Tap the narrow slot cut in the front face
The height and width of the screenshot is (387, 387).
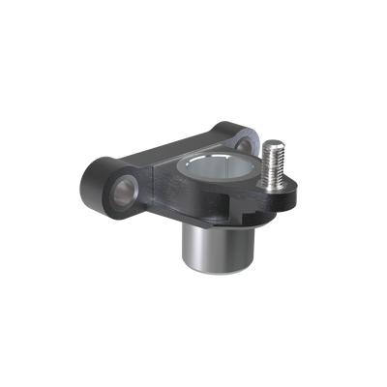[x=230, y=206]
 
